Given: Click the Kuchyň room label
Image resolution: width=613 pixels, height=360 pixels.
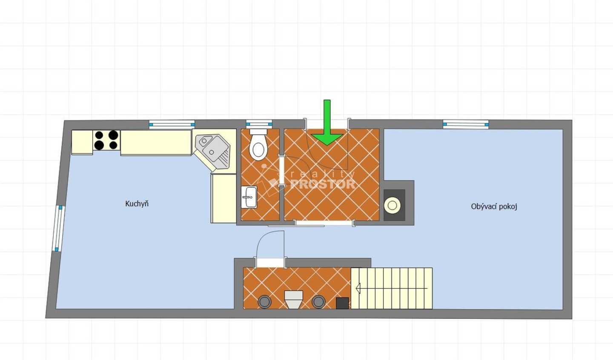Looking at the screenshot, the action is [137, 204].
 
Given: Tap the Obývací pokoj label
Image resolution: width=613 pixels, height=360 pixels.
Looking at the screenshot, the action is [494, 206].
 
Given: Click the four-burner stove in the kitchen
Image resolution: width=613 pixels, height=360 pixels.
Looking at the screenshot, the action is [106, 140].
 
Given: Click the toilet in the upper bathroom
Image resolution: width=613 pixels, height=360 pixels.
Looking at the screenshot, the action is [258, 145].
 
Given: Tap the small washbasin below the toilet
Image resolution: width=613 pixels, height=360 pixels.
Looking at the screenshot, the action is [249, 197].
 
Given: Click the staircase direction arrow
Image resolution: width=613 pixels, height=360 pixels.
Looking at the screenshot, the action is [391, 289].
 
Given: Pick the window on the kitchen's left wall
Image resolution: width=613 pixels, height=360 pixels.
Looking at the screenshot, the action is [58, 229].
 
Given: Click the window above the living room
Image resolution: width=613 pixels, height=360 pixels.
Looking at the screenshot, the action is [466, 124].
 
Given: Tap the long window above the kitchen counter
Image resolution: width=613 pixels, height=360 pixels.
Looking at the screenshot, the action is [172, 124].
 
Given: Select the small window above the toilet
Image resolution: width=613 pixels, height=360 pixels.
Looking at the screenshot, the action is [259, 124].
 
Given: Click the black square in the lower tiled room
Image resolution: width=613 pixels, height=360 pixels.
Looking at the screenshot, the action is [342, 303].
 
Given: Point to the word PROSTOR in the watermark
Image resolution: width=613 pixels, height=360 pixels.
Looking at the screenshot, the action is [323, 184].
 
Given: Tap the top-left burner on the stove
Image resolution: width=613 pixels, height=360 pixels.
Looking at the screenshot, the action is [99, 135].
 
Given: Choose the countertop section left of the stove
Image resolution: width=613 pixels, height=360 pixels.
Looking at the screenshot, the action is [82, 142].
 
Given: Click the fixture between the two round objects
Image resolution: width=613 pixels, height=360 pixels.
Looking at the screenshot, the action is [294, 300].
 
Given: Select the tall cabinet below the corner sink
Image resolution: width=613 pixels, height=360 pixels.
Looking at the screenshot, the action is [223, 199].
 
